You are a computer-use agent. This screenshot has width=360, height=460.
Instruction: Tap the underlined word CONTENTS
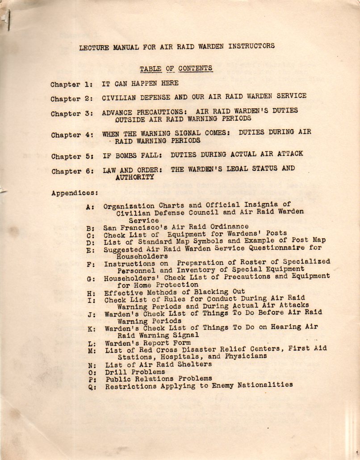click(196, 68)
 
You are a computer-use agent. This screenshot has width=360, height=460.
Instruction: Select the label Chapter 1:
click(71, 84)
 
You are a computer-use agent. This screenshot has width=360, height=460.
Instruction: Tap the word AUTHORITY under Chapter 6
click(135, 177)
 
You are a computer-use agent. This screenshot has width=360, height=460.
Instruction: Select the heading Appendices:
click(74, 193)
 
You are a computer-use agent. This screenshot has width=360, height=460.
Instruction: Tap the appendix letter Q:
click(92, 387)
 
